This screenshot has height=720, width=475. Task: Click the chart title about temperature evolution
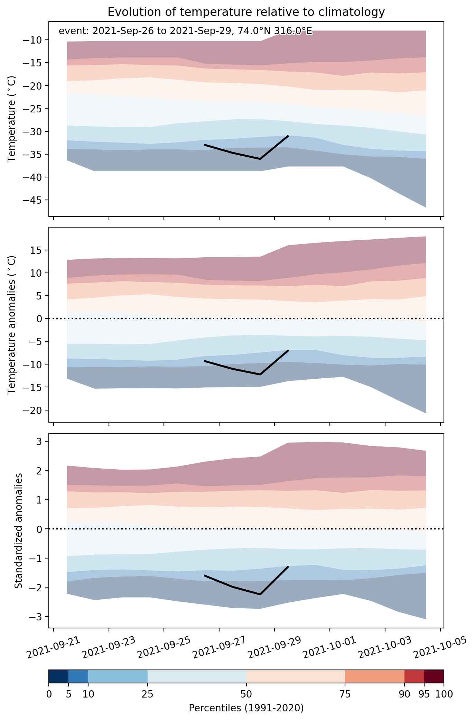click(246, 12)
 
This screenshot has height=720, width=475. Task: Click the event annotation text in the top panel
click(186, 31)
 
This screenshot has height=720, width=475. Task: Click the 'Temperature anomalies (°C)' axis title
click(12, 324)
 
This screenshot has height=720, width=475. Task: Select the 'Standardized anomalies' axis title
click(19, 530)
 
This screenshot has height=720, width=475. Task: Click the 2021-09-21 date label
click(54, 647)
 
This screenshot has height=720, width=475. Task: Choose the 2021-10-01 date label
click(330, 647)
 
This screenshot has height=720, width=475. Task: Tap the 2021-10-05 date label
click(440, 647)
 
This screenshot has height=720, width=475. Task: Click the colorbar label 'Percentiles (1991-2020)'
click(246, 708)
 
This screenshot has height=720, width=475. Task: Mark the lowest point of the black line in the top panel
click(260, 159)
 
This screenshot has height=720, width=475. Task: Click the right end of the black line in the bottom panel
click(288, 566)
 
